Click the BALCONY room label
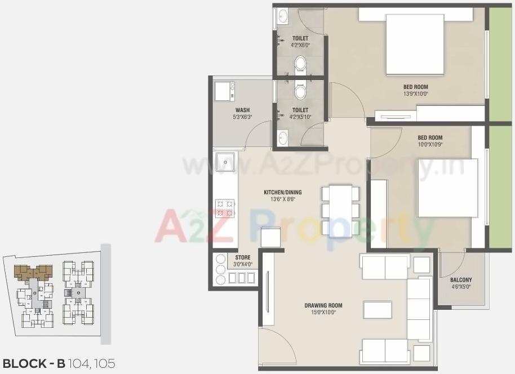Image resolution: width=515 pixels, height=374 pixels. click(461, 280)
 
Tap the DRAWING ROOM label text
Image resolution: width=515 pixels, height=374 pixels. click(323, 306)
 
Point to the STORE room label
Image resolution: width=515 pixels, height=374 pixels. click(242, 257)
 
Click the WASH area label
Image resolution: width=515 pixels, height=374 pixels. click(242, 110)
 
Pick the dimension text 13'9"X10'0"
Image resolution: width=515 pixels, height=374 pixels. click(415, 94)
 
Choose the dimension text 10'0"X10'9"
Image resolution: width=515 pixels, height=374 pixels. click(430, 145)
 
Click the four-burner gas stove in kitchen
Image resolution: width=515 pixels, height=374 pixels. click(225, 208)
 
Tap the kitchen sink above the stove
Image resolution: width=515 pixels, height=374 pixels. click(225, 162)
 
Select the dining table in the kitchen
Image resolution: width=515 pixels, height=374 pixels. click(340, 210)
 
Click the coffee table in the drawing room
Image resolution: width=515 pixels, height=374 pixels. click(377, 310)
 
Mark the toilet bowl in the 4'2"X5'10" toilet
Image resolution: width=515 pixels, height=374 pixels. click(301, 91)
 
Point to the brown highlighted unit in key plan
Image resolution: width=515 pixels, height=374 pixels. click(33, 273)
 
